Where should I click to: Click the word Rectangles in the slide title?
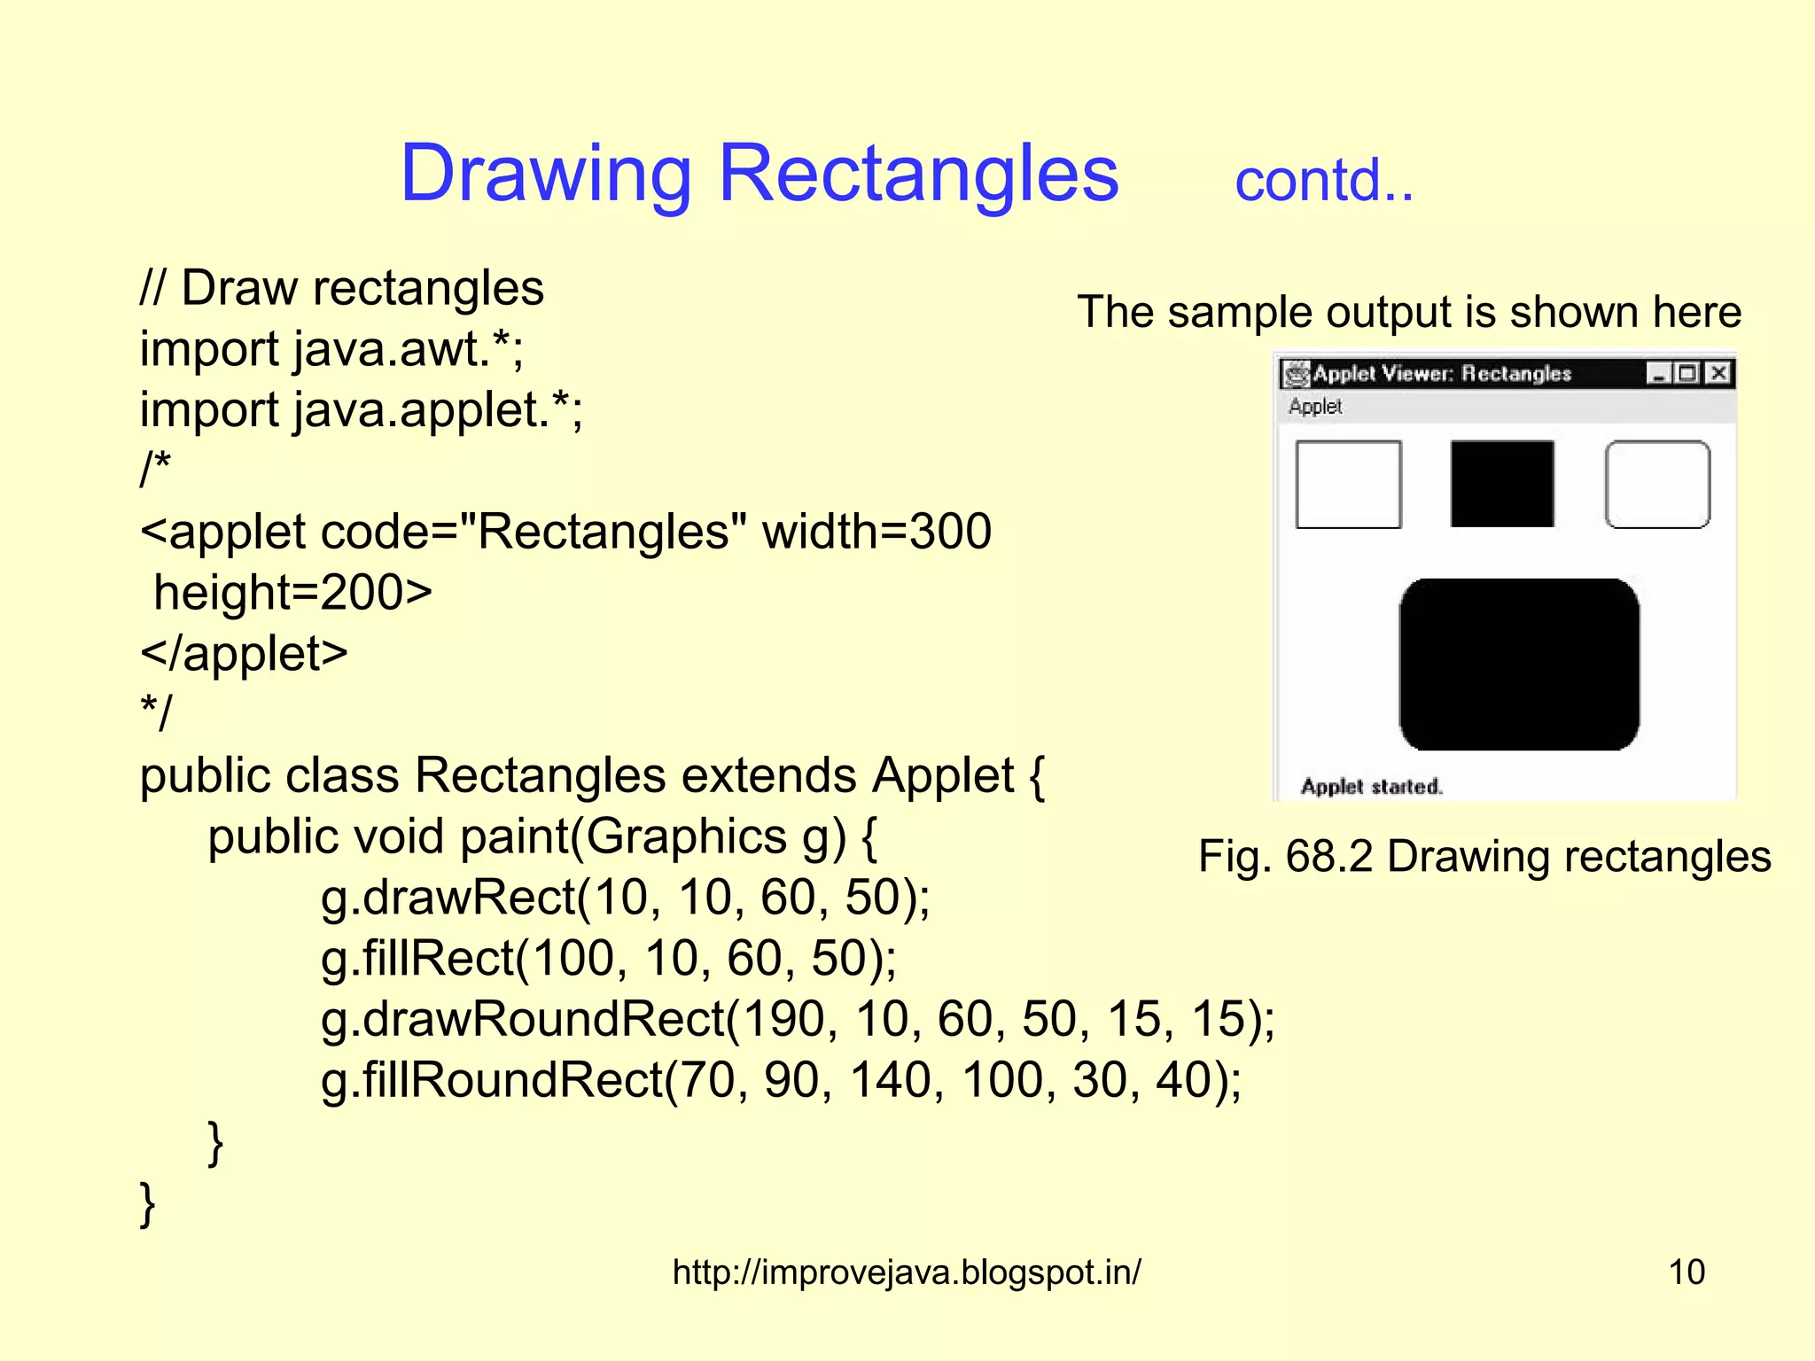918,173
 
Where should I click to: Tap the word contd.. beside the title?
1324,181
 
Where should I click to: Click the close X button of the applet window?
1718,373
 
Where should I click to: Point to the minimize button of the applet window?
1658,373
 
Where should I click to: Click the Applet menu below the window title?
1315,407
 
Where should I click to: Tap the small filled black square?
1502,484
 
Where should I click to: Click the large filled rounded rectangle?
1519,665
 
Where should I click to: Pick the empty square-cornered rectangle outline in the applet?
1348,485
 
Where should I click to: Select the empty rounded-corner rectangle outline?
1657,485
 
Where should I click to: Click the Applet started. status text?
1371,787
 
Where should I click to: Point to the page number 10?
1686,1272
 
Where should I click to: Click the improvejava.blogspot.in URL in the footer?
907,1272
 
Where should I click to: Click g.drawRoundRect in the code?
523,1019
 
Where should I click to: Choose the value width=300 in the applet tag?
876,532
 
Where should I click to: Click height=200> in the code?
293,592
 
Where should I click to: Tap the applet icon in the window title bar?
1296,374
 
